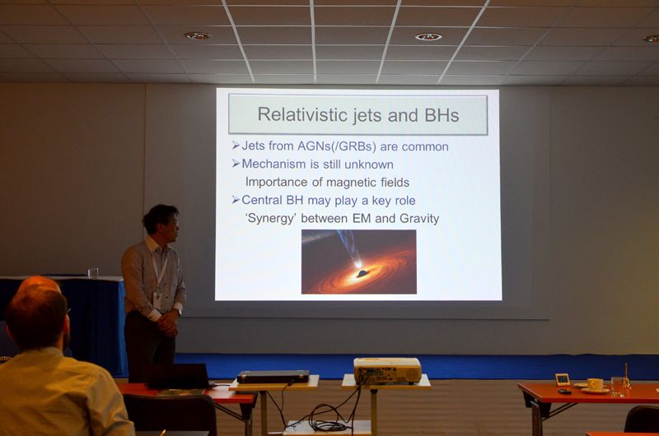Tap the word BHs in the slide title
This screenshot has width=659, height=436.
click(442, 115)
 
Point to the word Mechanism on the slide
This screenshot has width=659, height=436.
click(273, 164)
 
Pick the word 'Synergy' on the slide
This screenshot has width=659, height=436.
click(271, 219)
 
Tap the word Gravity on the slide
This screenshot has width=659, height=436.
click(419, 219)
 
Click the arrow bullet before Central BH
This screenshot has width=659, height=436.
click(236, 200)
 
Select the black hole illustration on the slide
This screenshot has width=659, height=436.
click(359, 262)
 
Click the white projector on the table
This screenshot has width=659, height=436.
click(387, 370)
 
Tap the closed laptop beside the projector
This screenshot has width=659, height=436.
click(273, 377)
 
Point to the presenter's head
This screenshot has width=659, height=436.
click(161, 221)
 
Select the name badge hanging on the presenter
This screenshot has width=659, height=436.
click(157, 299)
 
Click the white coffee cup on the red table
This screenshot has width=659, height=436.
click(595, 384)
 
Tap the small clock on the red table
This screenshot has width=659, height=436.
click(563, 380)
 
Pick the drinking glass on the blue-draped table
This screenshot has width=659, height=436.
click(93, 272)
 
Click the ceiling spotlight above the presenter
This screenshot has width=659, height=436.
click(198, 36)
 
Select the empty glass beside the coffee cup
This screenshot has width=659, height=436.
click(617, 386)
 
